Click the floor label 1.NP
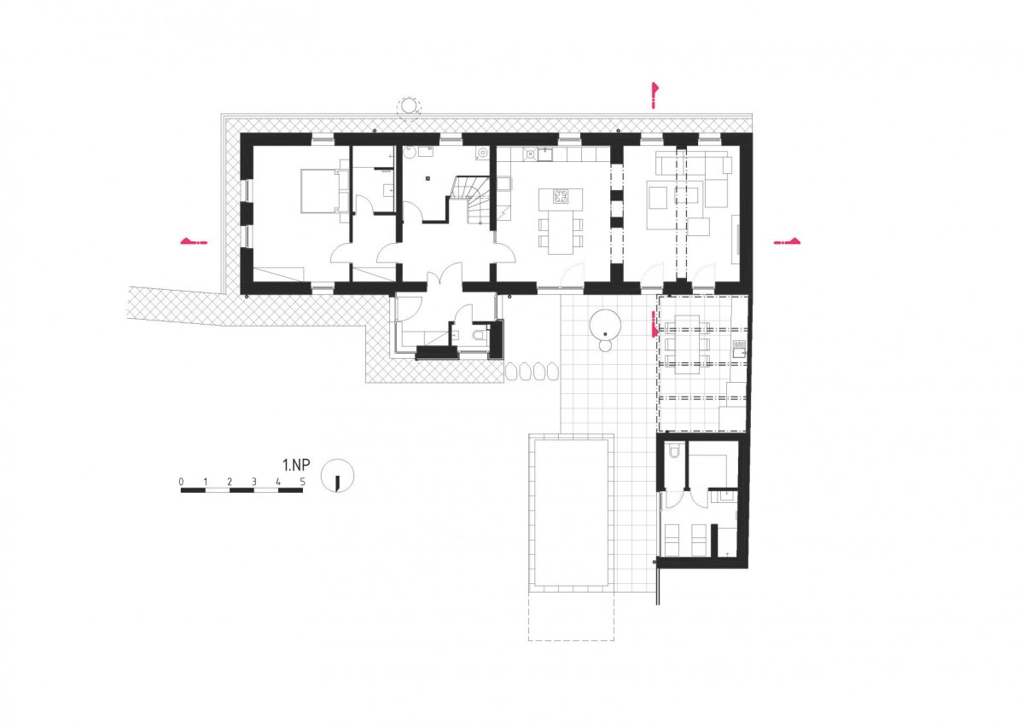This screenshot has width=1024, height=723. (296, 465)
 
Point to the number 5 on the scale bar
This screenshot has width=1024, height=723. (302, 482)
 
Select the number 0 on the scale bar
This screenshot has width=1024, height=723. (182, 482)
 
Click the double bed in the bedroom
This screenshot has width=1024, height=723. (324, 191)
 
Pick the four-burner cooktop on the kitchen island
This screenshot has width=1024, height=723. (561, 197)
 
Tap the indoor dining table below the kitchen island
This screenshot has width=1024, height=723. (561, 236)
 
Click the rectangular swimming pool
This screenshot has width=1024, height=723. (571, 513)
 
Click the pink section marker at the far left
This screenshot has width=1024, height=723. (195, 241)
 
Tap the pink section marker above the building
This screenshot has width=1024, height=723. (655, 95)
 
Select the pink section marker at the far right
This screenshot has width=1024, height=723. (787, 241)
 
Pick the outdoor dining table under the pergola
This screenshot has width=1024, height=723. (687, 344)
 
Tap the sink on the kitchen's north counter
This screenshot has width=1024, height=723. (544, 155)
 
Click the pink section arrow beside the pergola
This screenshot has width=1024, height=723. (655, 323)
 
